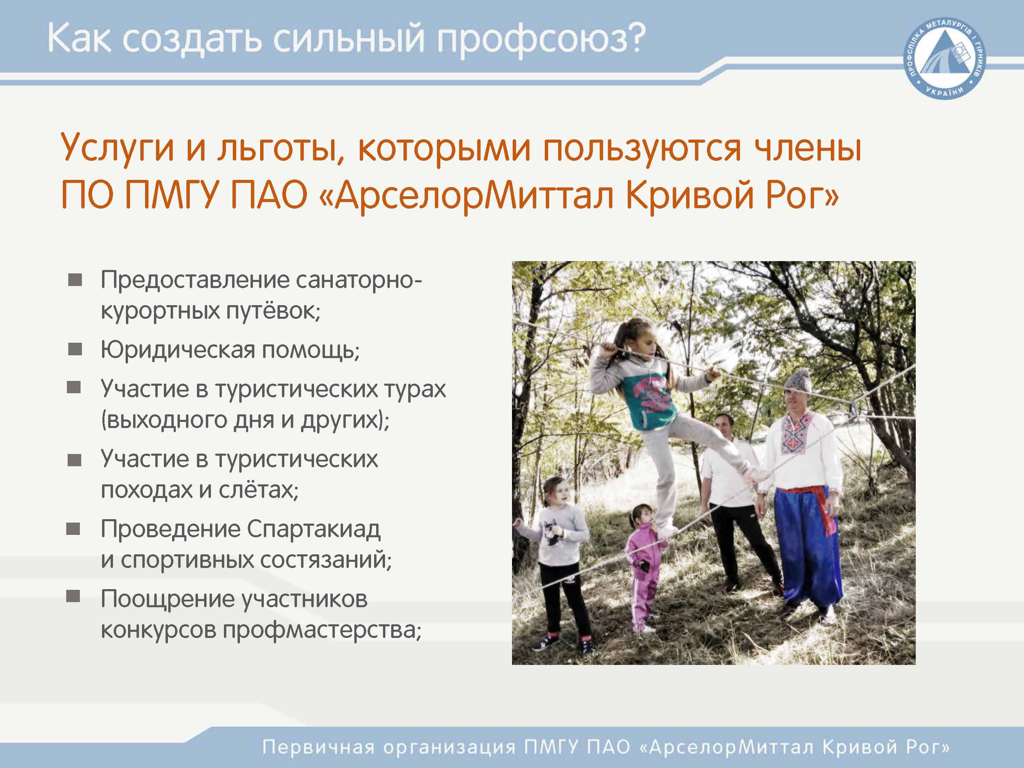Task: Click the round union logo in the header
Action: (945, 60)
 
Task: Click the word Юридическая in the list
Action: (178, 350)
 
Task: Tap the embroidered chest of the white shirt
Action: (794, 433)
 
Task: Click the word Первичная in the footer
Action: (319, 747)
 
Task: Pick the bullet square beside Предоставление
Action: (75, 280)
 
